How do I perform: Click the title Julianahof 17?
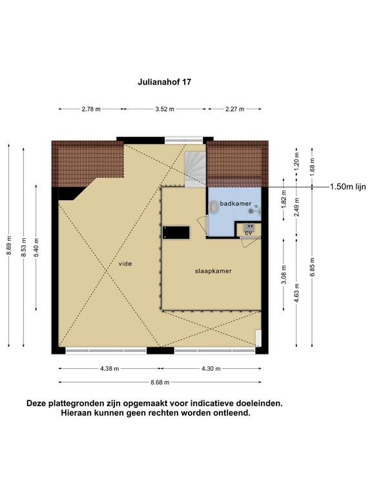click(x=164, y=82)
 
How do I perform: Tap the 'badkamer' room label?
click(x=236, y=203)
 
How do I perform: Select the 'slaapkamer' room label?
click(x=213, y=271)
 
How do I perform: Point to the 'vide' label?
click(x=125, y=263)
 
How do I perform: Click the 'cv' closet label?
click(x=249, y=232)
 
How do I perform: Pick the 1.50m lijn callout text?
click(x=348, y=187)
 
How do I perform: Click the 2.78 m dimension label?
click(x=91, y=109)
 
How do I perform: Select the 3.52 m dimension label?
click(x=165, y=109)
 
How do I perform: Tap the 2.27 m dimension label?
click(x=234, y=109)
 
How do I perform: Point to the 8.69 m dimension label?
click(x=9, y=245)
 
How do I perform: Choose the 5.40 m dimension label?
click(x=36, y=248)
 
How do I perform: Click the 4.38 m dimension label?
click(x=110, y=369)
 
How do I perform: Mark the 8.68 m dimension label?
click(x=160, y=382)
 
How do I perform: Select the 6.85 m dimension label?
click(x=312, y=267)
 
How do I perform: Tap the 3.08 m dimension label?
click(x=284, y=274)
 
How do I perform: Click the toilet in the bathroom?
click(x=214, y=207)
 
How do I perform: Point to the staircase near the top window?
click(x=195, y=169)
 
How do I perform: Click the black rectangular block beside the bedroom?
click(x=176, y=232)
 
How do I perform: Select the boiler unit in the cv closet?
click(x=249, y=227)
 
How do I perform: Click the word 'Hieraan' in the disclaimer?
click(x=75, y=413)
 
